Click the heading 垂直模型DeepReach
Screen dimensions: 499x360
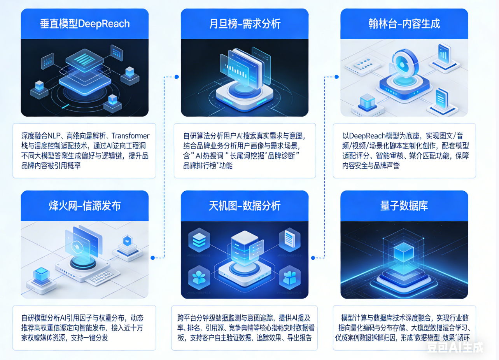84,24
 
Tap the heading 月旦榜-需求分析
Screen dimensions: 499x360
245,24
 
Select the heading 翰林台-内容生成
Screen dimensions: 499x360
404,24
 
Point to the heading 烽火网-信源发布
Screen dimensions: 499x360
84,206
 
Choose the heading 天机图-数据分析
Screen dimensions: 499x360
245,206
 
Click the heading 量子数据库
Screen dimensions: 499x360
404,206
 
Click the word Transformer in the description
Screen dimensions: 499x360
130,136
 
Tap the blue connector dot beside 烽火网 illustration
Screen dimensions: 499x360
153,257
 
